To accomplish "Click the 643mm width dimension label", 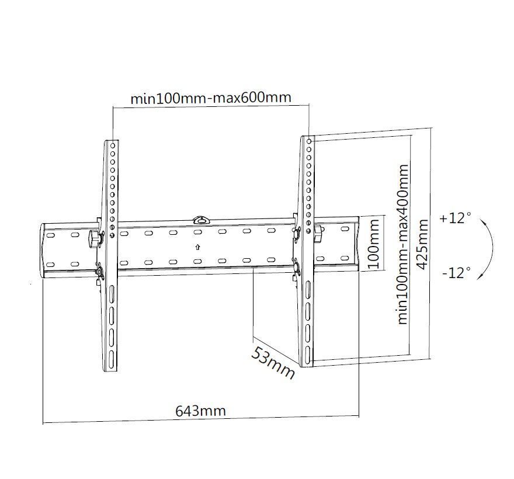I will coord(200,411).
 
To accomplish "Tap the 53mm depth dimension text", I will coord(273,363).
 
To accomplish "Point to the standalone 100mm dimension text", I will coord(374,242).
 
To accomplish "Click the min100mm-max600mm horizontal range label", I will coord(210,98).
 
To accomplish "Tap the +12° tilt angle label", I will coord(455,218).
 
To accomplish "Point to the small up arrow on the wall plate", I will coord(197,247).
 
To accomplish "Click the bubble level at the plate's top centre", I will coord(200,220).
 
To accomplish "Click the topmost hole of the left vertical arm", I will coord(112,143).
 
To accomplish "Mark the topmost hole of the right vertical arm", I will coord(310,141).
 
